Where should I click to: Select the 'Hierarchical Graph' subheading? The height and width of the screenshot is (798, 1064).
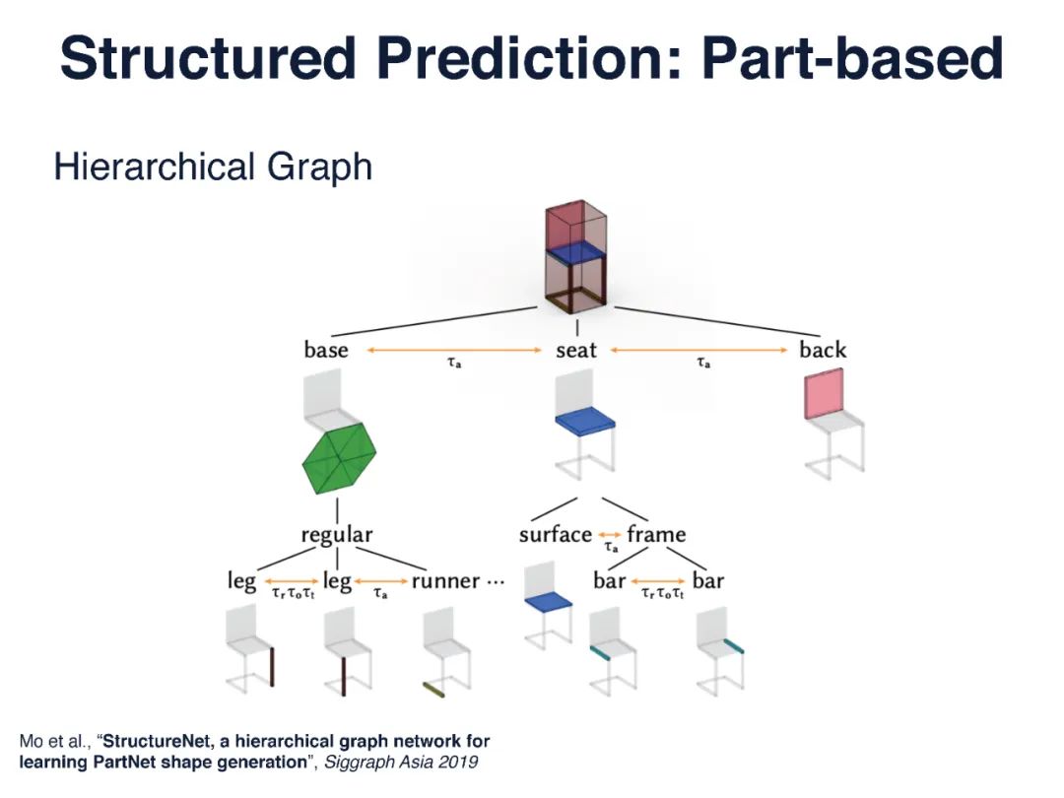[213, 166]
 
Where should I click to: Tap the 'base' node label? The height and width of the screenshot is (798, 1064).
[326, 350]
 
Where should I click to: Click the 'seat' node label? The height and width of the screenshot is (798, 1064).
[576, 350]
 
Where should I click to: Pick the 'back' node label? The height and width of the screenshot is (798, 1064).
[823, 350]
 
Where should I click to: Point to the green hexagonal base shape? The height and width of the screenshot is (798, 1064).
[338, 461]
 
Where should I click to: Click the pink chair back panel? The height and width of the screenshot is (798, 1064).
[825, 393]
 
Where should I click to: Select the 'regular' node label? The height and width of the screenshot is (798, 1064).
[337, 535]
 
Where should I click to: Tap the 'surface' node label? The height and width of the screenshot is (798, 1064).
[556, 535]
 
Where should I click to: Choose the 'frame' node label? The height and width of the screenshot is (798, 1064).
[656, 535]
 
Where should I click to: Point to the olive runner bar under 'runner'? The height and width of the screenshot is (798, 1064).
[433, 688]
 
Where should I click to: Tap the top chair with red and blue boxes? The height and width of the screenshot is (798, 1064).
[576, 254]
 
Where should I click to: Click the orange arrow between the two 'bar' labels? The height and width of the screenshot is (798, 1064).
[659, 581]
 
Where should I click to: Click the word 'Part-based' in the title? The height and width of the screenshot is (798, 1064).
[852, 59]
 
